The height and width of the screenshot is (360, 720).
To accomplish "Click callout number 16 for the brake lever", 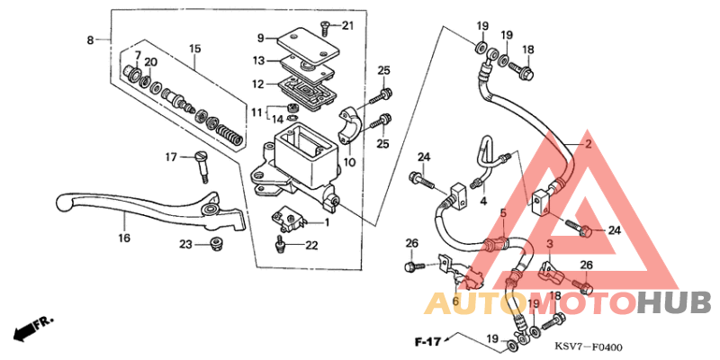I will coord(123,238).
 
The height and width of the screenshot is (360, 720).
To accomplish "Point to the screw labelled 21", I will coord(325,26).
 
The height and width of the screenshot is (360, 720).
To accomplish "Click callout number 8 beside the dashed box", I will coord(90,40).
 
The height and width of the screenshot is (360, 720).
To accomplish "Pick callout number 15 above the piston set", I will coord(194,49).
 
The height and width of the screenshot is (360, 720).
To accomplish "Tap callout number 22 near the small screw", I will coord(311,246).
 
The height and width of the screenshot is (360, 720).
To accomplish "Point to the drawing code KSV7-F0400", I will coord(589,346).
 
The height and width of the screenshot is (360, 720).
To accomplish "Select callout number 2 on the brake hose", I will coord(588,144).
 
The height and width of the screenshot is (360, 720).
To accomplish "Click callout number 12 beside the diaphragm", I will coord(257,85).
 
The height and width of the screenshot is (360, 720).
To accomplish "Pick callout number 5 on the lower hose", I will coord(504,213).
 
